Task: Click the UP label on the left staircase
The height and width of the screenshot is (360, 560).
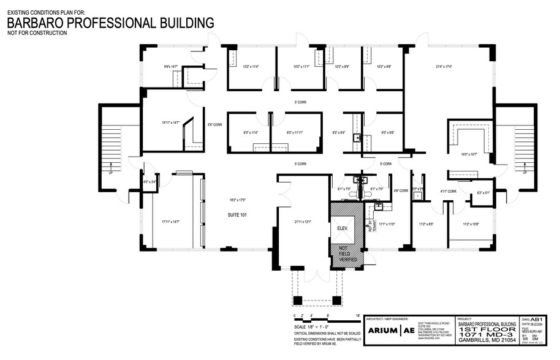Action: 112,173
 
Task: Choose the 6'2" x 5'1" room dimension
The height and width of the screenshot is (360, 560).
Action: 483,193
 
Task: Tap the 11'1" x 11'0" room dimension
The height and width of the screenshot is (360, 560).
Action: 387,224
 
